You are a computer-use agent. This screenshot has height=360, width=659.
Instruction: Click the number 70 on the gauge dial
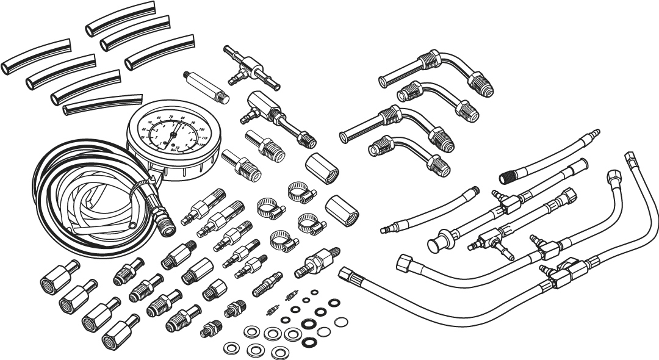pyautogui.click(x=171, y=116)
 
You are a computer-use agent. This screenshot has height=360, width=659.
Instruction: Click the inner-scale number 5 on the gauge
pyautogui.click(x=173, y=125)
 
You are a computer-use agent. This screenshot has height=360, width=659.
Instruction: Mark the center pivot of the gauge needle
pyautogui.click(x=173, y=135)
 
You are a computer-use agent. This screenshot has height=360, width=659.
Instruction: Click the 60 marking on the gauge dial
pyautogui.click(x=159, y=118)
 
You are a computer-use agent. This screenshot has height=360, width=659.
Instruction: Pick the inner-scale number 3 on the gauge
pyautogui.click(x=157, y=130)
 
